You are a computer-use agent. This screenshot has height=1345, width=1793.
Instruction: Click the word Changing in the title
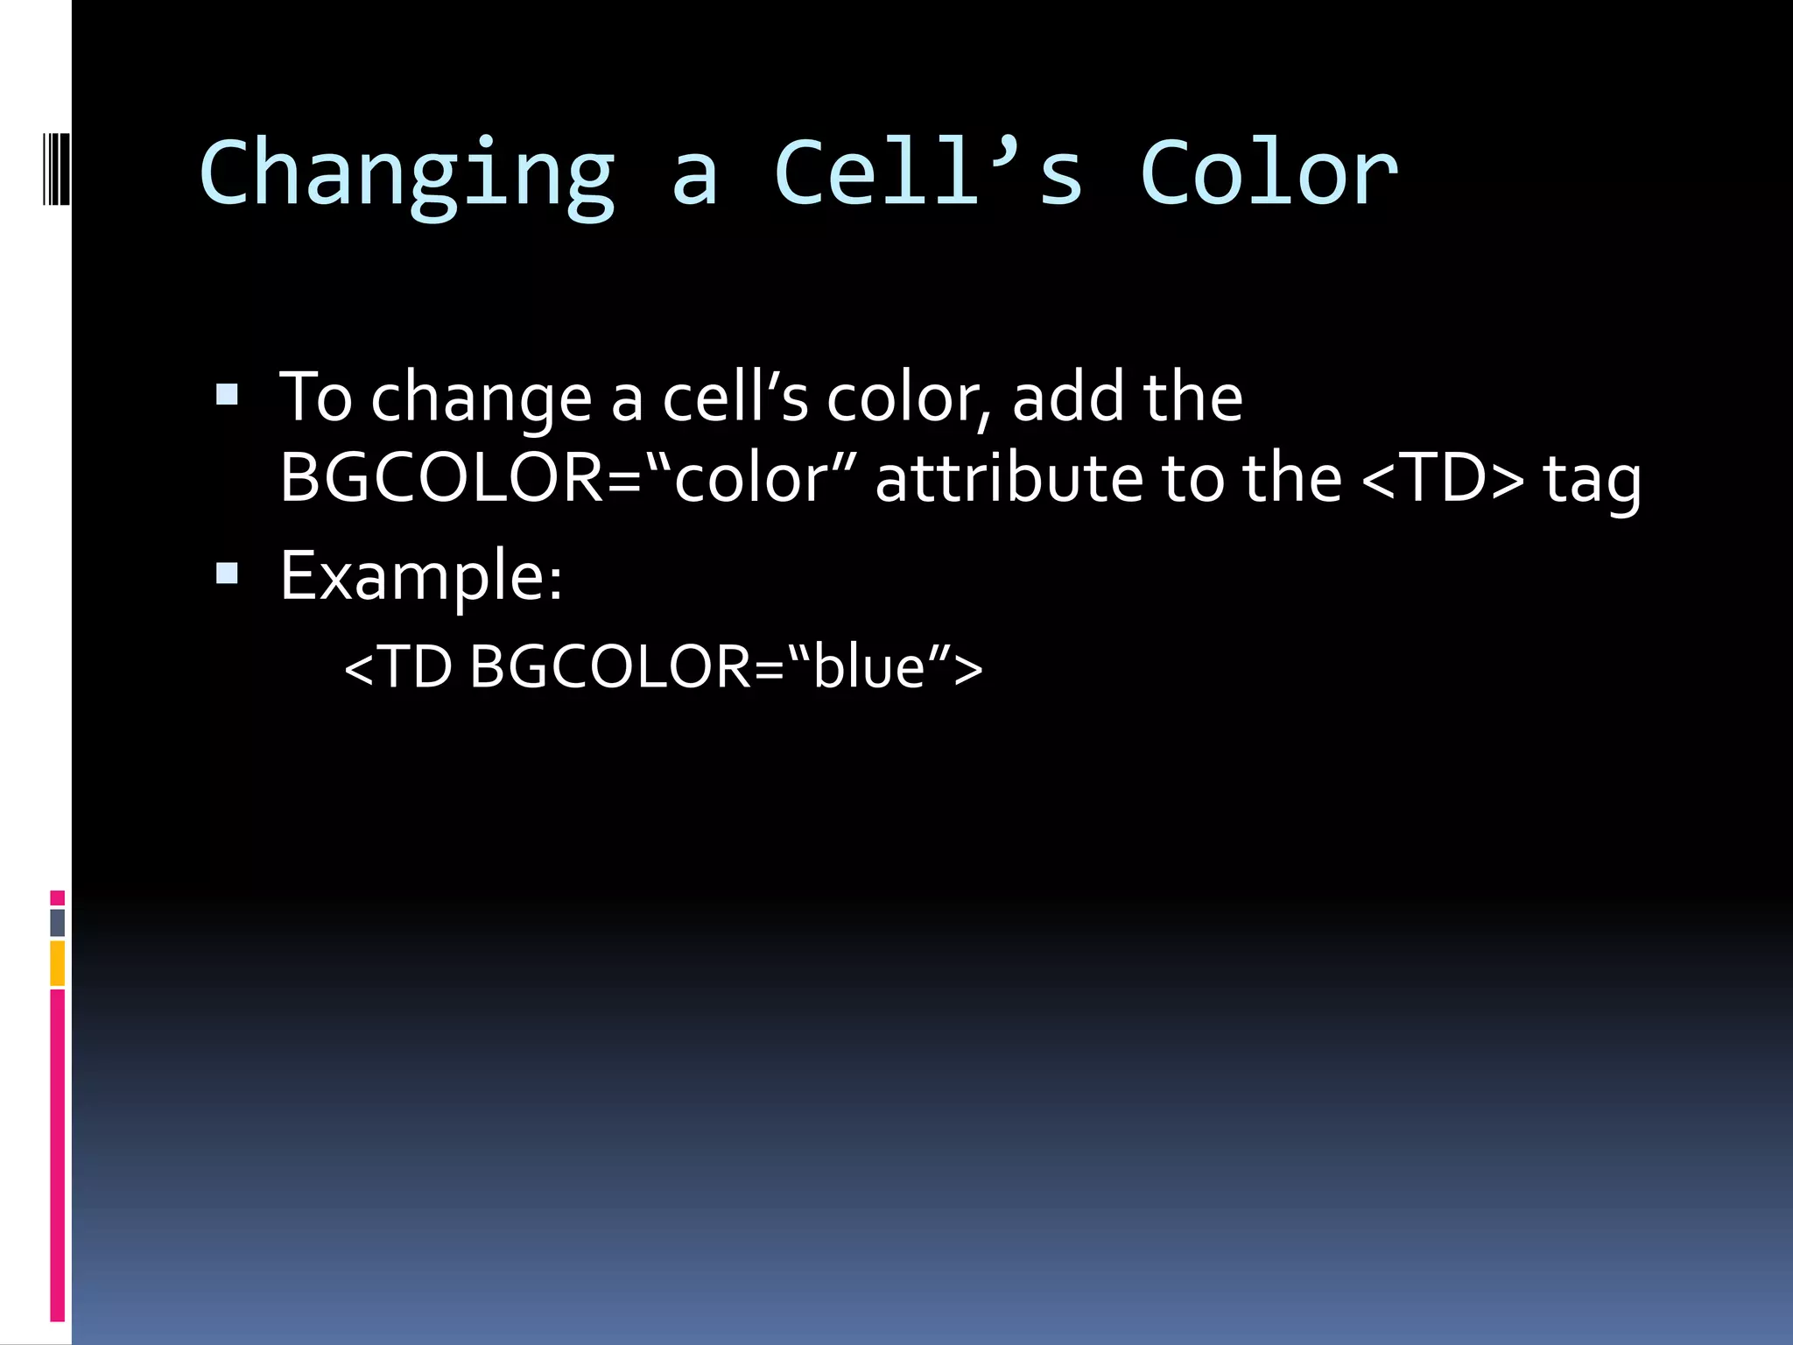pos(407,175)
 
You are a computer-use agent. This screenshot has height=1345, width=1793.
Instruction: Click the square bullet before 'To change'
pos(227,395)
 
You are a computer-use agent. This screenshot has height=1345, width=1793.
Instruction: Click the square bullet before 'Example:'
pos(227,574)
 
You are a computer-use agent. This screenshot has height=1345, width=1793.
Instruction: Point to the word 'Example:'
pos(420,576)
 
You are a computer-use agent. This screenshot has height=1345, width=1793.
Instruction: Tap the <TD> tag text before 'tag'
pos(1443,479)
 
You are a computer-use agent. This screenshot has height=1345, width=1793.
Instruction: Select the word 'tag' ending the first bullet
pos(1591,482)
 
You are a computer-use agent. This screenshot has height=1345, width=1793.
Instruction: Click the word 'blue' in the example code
pos(868,667)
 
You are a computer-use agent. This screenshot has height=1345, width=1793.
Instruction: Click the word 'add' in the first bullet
pos(1066,397)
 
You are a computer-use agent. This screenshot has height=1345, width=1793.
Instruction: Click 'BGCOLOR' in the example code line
pos(610,667)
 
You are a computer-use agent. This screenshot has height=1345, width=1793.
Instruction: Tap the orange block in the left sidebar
pos(57,963)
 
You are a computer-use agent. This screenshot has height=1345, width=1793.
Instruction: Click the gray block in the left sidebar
pos(57,922)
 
